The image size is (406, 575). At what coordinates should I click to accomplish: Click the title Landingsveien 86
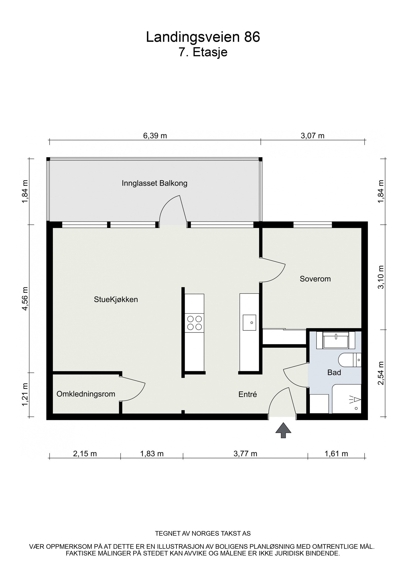point(203,37)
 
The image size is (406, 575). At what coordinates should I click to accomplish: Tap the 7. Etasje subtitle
point(203,53)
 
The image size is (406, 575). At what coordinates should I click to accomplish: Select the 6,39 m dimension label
point(155,136)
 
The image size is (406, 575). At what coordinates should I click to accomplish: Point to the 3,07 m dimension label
point(313,136)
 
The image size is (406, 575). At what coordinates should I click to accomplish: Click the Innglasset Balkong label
point(155,183)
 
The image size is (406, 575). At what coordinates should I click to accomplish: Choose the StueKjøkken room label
point(116,300)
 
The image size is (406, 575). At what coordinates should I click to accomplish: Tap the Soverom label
point(315,279)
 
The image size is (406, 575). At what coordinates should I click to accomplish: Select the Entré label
point(248,394)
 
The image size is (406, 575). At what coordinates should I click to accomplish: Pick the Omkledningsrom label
point(86,394)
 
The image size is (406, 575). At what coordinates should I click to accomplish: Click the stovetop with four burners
point(194,323)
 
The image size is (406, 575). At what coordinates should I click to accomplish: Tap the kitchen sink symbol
point(249,323)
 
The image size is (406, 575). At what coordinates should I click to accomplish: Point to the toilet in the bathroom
point(350,360)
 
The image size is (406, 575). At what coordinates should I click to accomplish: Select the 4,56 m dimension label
point(25,299)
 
